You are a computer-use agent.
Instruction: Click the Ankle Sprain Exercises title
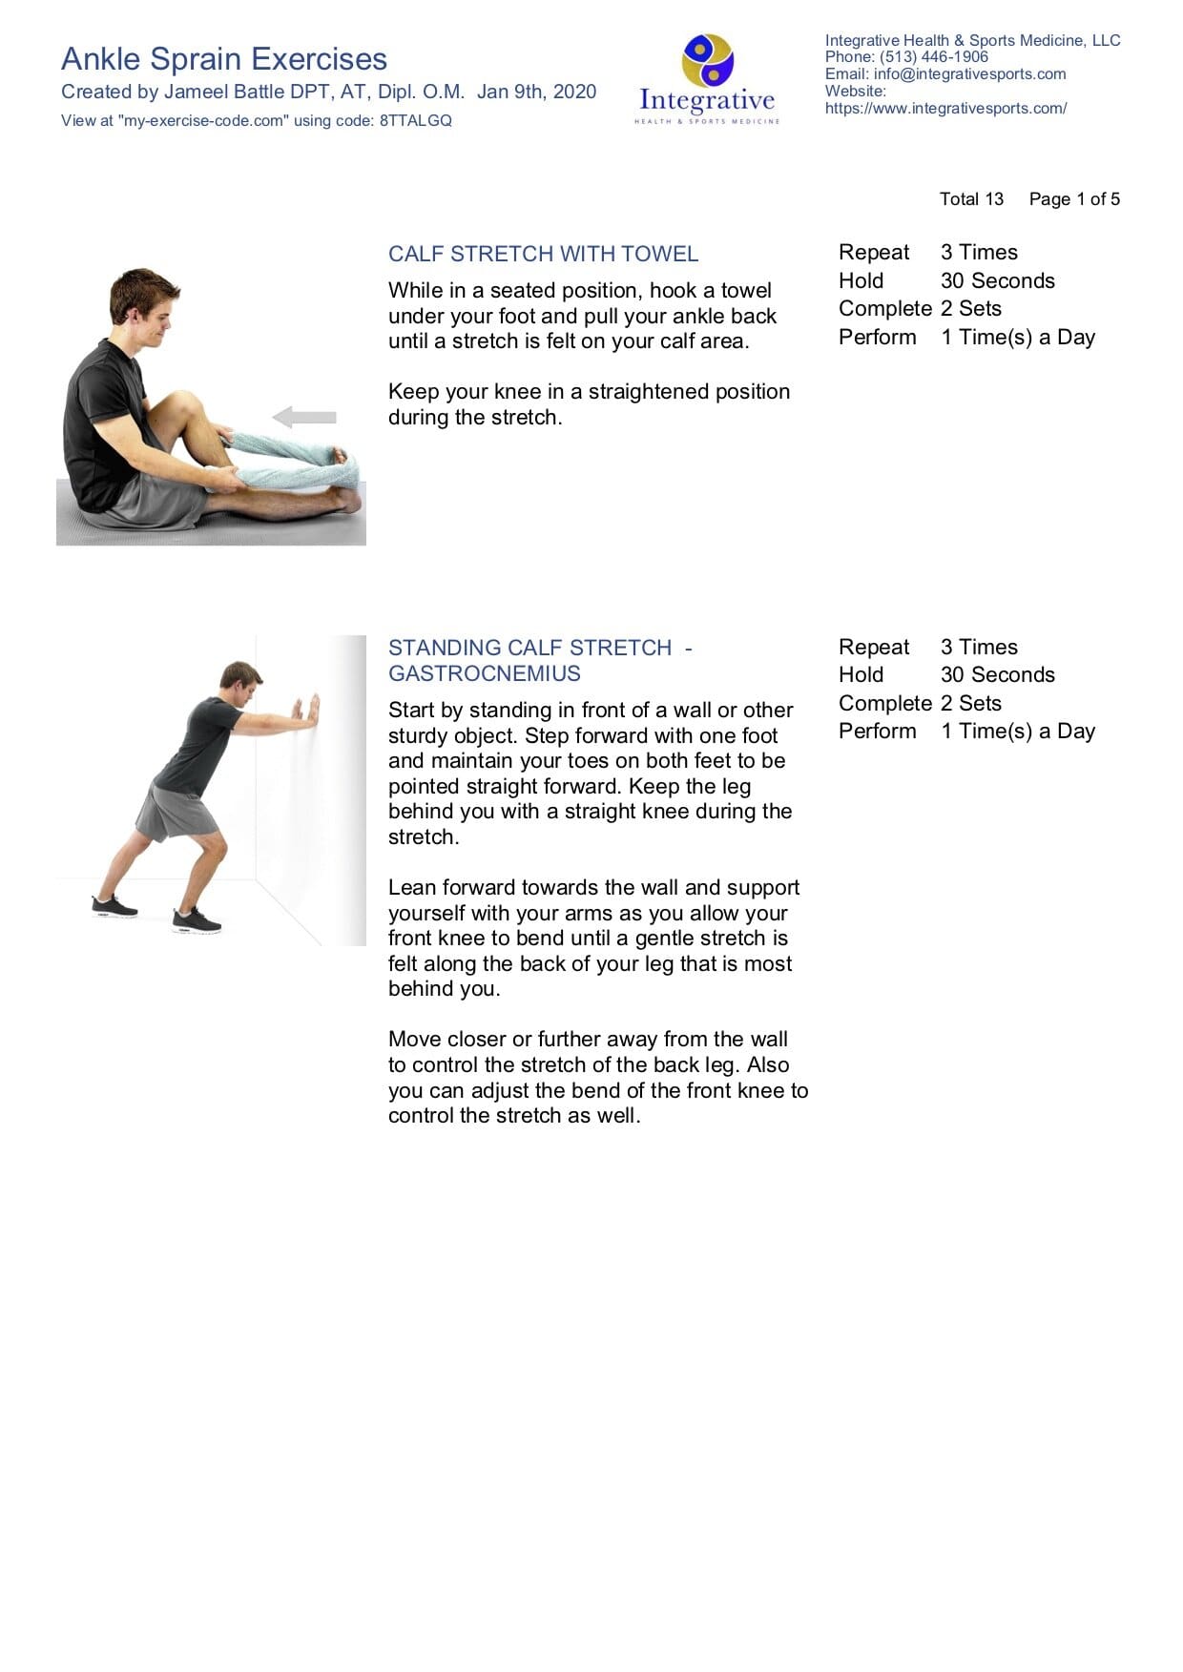click(224, 59)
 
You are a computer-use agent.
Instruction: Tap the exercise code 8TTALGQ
click(416, 121)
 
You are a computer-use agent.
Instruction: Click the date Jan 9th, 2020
click(536, 92)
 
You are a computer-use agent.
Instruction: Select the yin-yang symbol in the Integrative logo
click(707, 60)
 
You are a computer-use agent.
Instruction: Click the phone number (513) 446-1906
click(934, 57)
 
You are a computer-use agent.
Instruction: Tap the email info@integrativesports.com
click(969, 74)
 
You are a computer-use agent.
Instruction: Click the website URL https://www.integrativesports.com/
click(945, 109)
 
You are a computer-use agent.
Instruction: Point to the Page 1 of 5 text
click(1074, 199)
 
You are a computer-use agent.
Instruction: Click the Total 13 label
click(971, 199)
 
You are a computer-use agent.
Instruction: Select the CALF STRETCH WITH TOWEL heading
click(543, 255)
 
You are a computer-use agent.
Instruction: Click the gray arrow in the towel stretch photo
click(304, 417)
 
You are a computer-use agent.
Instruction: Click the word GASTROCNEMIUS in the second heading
click(484, 674)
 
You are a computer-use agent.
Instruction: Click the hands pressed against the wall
click(306, 711)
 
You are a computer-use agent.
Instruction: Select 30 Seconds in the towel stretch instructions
click(997, 281)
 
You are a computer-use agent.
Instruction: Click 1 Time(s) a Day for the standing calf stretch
click(1017, 732)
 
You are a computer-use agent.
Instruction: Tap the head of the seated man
click(143, 298)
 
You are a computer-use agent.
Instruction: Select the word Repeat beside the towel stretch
click(874, 253)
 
